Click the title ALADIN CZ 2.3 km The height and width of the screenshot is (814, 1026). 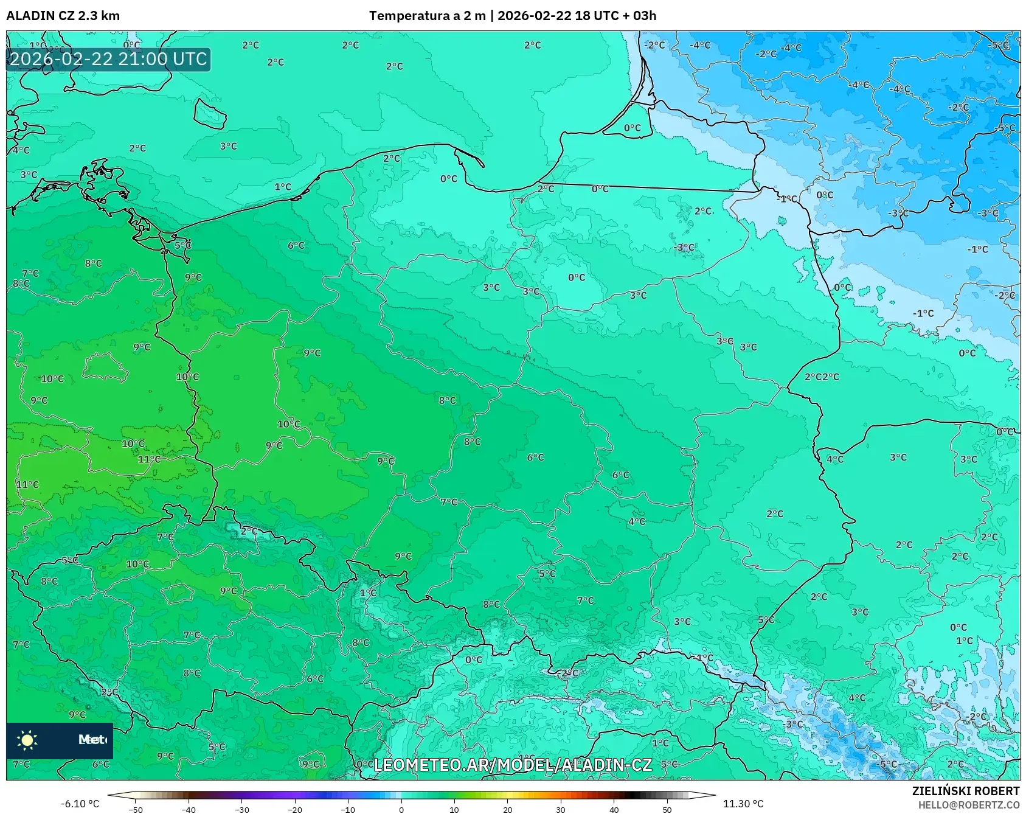(x=63, y=16)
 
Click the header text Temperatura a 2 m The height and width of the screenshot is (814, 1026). (x=427, y=16)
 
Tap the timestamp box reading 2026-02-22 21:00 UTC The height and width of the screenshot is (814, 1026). (x=108, y=60)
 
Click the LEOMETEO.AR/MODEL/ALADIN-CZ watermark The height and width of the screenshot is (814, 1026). (x=512, y=765)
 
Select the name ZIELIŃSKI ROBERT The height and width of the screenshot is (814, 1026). (x=965, y=791)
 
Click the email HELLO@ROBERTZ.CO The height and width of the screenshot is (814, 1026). (x=968, y=805)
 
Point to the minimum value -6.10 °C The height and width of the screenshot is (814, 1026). (x=80, y=804)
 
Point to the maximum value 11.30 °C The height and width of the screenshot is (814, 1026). (x=743, y=804)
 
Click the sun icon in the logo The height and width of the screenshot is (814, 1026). (x=27, y=740)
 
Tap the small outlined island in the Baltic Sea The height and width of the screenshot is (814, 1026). (x=210, y=113)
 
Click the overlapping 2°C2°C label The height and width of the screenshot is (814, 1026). (x=822, y=377)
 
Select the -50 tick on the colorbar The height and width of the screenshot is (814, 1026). (x=136, y=810)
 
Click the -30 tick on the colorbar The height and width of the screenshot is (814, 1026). (x=242, y=810)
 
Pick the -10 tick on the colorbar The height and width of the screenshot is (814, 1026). (x=348, y=810)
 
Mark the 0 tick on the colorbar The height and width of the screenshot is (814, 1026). (x=401, y=810)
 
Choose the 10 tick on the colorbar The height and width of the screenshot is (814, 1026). (x=454, y=810)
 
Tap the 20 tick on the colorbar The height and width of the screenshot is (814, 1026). (x=507, y=810)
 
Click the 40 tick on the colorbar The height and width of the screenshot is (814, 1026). (x=614, y=810)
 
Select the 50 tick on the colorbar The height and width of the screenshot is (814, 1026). (x=667, y=810)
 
